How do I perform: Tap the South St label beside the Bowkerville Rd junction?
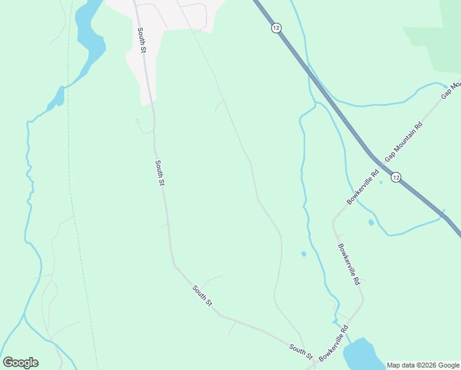(x=301, y=351)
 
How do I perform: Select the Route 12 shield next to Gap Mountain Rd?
(x=396, y=177)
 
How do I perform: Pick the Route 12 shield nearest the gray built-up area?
(x=275, y=28)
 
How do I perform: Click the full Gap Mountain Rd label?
(x=404, y=142)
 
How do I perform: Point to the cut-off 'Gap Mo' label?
(x=451, y=90)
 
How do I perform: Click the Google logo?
(x=20, y=363)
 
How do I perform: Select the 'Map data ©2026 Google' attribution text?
(x=423, y=365)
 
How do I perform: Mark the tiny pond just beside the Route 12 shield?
(x=381, y=182)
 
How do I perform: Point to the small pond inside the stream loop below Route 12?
(x=371, y=223)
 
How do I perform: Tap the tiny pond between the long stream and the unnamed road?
(x=303, y=254)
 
